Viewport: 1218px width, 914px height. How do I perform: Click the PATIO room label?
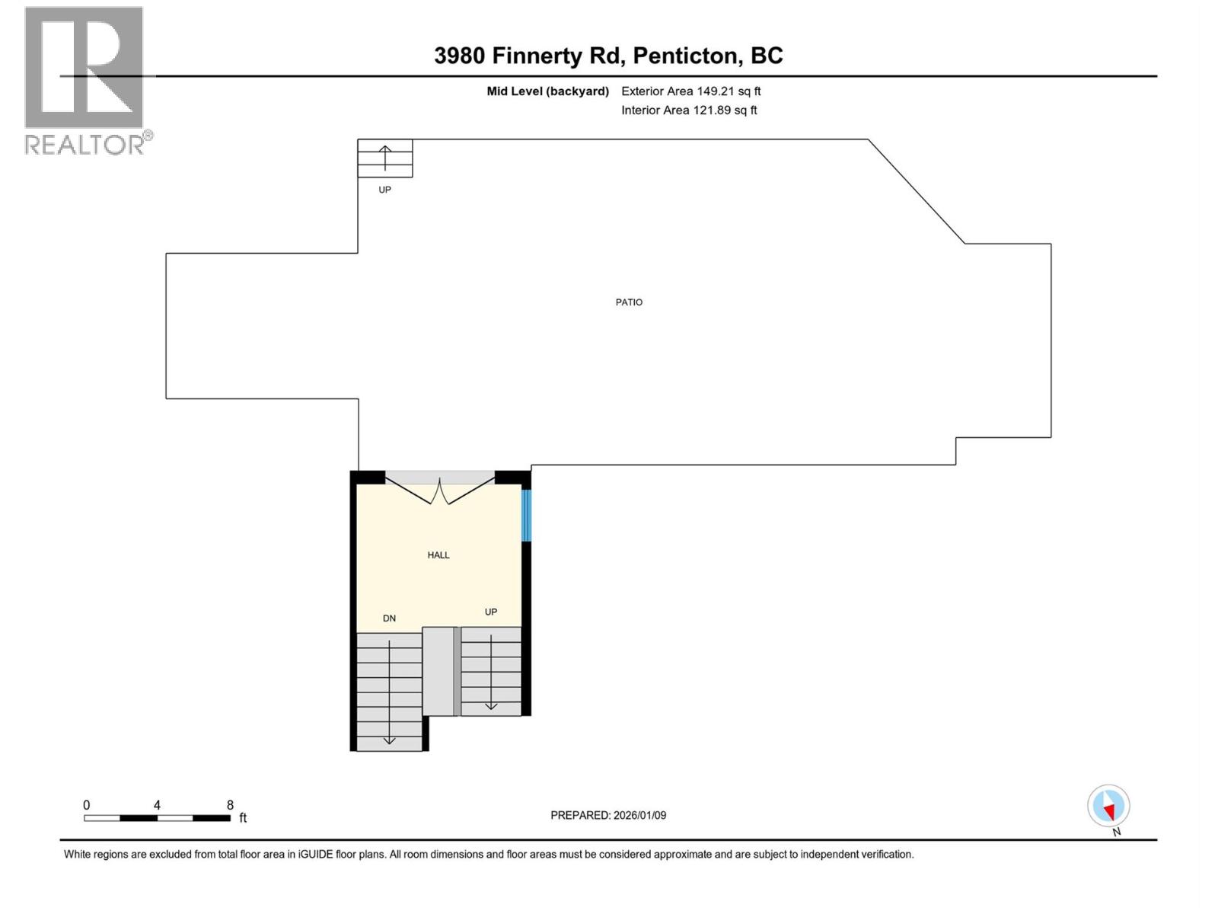[629, 302]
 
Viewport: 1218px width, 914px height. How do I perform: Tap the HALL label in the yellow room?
[438, 555]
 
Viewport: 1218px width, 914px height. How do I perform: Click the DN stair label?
[389, 618]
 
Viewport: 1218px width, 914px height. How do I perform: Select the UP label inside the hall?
[491, 612]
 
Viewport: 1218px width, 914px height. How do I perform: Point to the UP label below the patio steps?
[384, 190]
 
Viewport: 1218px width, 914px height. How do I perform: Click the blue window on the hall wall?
[526, 516]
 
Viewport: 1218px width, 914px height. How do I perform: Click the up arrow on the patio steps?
[385, 155]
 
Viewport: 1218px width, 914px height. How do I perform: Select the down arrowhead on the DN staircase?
[389, 739]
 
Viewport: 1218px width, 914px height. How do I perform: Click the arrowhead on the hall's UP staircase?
[491, 705]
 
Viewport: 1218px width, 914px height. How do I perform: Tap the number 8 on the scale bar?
[230, 805]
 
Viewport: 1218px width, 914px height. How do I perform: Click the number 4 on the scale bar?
[157, 805]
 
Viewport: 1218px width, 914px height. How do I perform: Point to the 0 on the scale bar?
[87, 805]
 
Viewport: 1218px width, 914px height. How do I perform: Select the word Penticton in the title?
[686, 56]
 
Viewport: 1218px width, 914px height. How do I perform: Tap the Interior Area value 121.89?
[712, 110]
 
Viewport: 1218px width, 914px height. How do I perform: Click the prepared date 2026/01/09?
[639, 815]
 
